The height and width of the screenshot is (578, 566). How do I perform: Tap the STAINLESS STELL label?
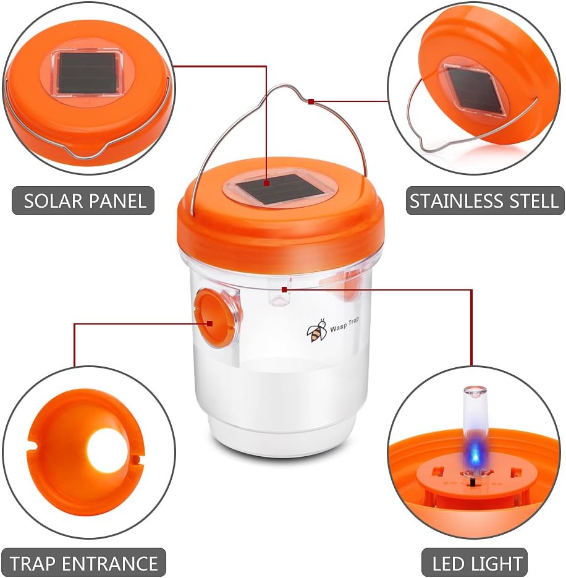click(x=484, y=201)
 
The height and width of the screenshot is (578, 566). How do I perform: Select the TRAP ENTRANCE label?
click(x=83, y=563)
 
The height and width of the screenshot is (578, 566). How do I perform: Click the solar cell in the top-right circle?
click(x=475, y=91)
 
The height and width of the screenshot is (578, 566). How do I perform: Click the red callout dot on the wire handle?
click(x=311, y=101)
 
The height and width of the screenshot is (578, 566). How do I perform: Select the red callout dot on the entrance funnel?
click(x=211, y=322)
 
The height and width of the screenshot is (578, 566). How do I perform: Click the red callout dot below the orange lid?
click(x=284, y=289)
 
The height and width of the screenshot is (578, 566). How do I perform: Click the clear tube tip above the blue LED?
click(x=475, y=393)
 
